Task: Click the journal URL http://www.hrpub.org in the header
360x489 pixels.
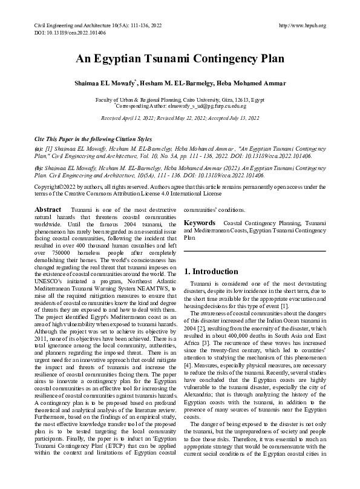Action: click(x=303, y=25)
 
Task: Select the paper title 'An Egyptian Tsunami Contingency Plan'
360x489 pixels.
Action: click(x=180, y=59)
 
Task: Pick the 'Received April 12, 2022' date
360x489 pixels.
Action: click(x=126, y=119)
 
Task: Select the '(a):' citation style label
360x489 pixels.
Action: click(x=39, y=148)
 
